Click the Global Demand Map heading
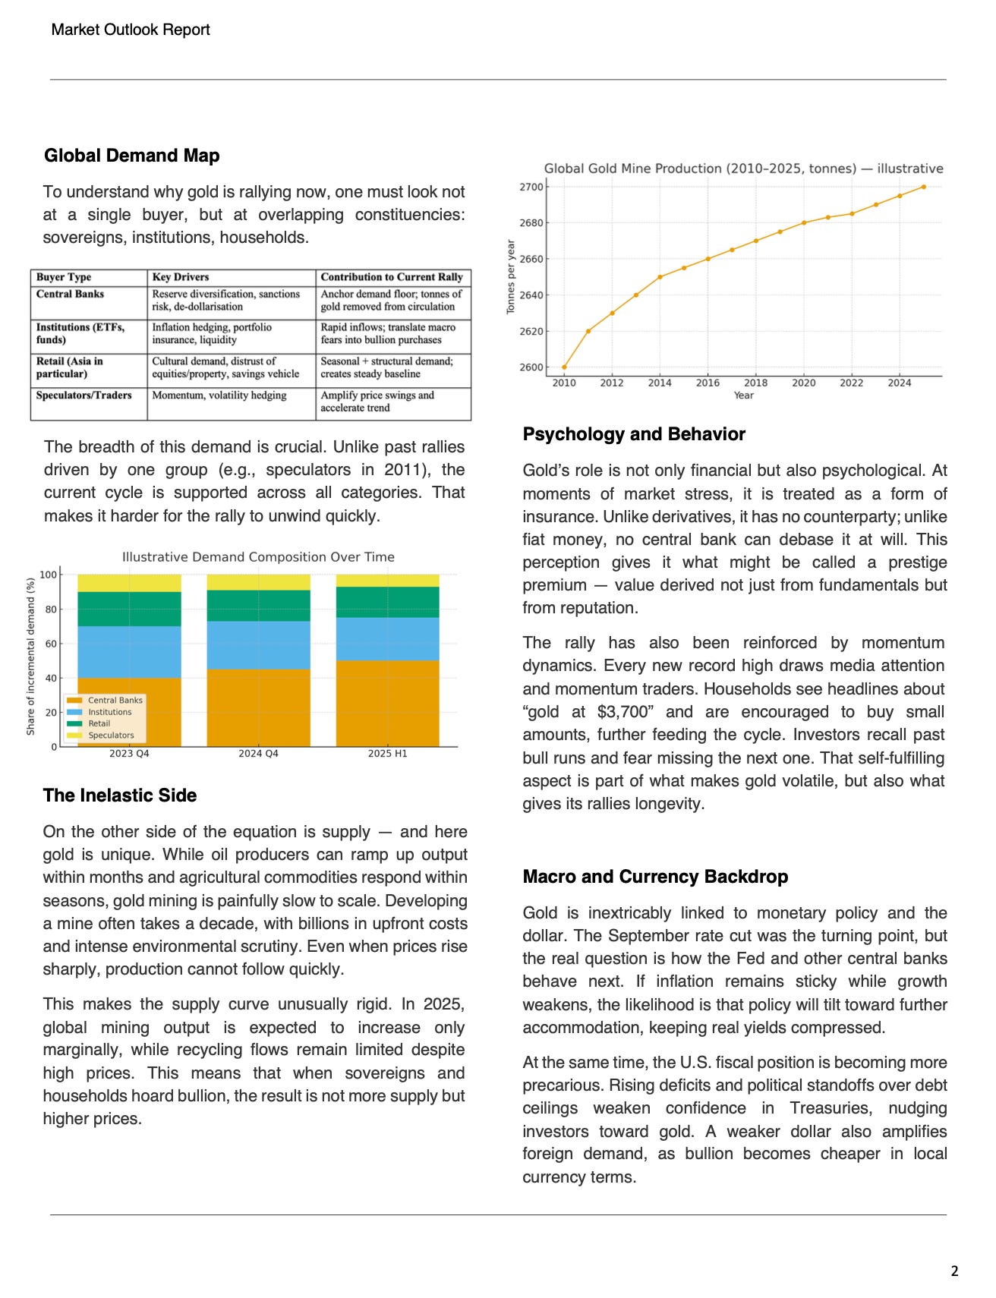point(131,156)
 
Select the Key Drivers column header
point(180,277)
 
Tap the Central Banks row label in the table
point(70,294)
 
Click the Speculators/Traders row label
point(84,395)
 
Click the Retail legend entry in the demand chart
point(99,723)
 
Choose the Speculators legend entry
point(110,735)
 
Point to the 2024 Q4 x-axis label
point(258,754)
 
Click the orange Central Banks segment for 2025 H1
point(387,703)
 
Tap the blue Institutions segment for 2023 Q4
point(129,651)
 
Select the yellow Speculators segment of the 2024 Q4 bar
point(258,582)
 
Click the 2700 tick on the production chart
point(531,187)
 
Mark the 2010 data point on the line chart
point(564,367)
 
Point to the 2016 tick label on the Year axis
point(708,383)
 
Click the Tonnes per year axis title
point(511,276)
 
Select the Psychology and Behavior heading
point(633,434)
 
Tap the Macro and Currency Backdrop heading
point(654,877)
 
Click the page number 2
point(954,1271)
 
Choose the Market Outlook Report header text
point(131,30)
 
